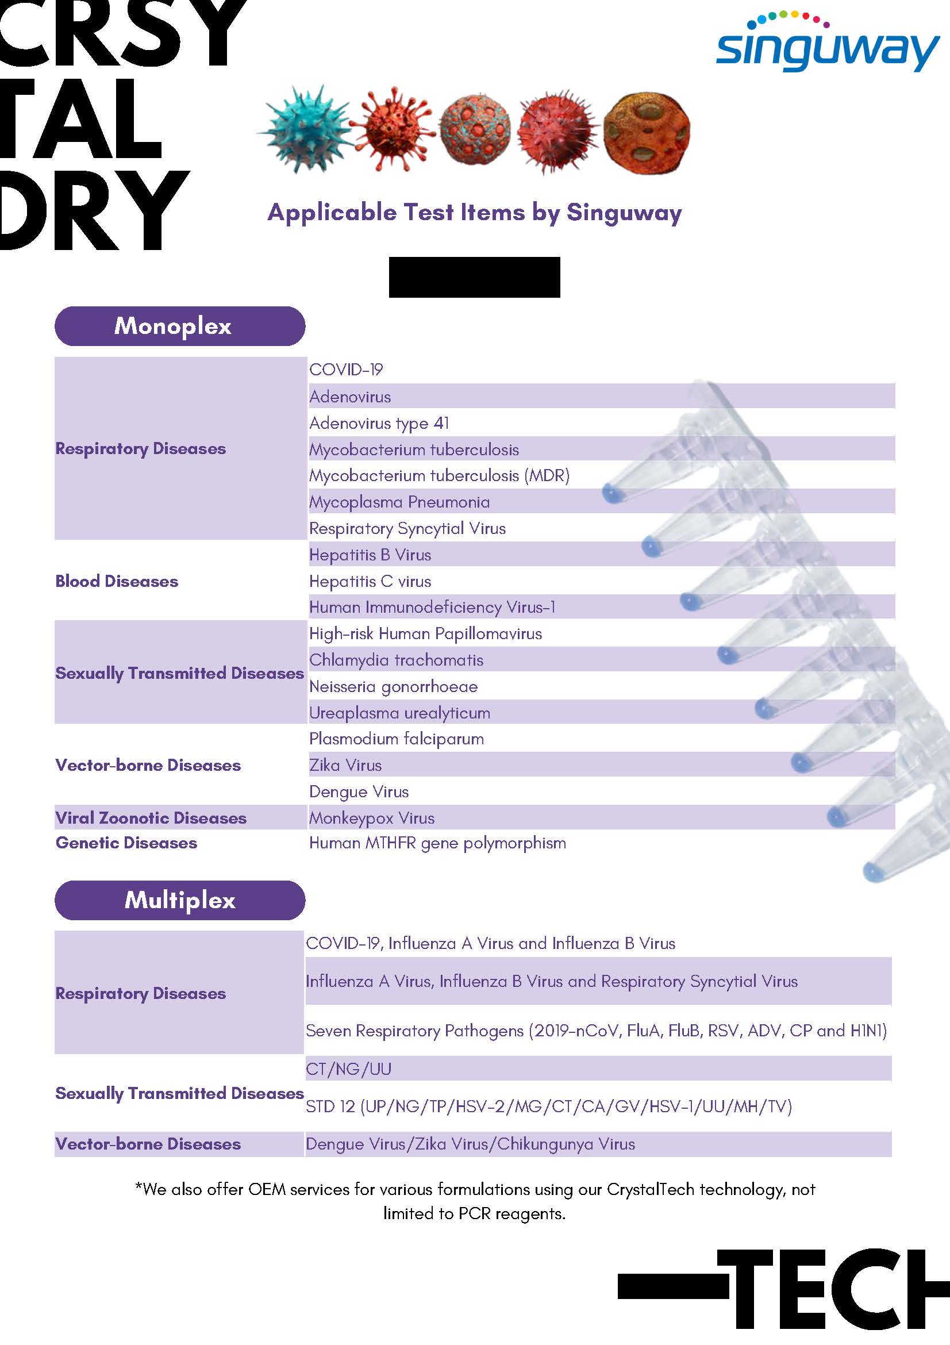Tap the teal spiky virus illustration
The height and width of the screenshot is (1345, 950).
click(x=305, y=129)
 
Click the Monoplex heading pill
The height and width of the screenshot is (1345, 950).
click(x=179, y=326)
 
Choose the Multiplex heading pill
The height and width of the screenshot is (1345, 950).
click(x=179, y=900)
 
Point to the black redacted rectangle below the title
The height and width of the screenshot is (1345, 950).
click(x=474, y=277)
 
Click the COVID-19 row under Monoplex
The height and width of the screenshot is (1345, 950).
click(x=346, y=370)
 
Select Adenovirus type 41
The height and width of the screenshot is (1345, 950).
click(x=379, y=423)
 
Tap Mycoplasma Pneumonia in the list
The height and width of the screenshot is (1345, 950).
click(x=399, y=502)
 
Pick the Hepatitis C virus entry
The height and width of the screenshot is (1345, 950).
click(x=370, y=581)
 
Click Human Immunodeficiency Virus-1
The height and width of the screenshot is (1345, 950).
click(x=432, y=608)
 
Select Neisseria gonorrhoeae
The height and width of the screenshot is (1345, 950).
click(x=394, y=686)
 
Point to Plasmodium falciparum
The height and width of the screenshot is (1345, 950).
click(x=397, y=739)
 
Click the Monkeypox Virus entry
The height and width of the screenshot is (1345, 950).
click(x=372, y=818)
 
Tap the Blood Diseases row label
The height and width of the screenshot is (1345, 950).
click(x=117, y=581)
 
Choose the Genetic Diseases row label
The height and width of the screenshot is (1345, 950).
click(x=126, y=843)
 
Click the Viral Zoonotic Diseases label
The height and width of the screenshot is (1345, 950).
click(x=151, y=818)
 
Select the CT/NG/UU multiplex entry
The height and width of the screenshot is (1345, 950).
click(x=348, y=1069)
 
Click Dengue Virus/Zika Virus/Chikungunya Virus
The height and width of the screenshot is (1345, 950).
click(x=470, y=1144)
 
